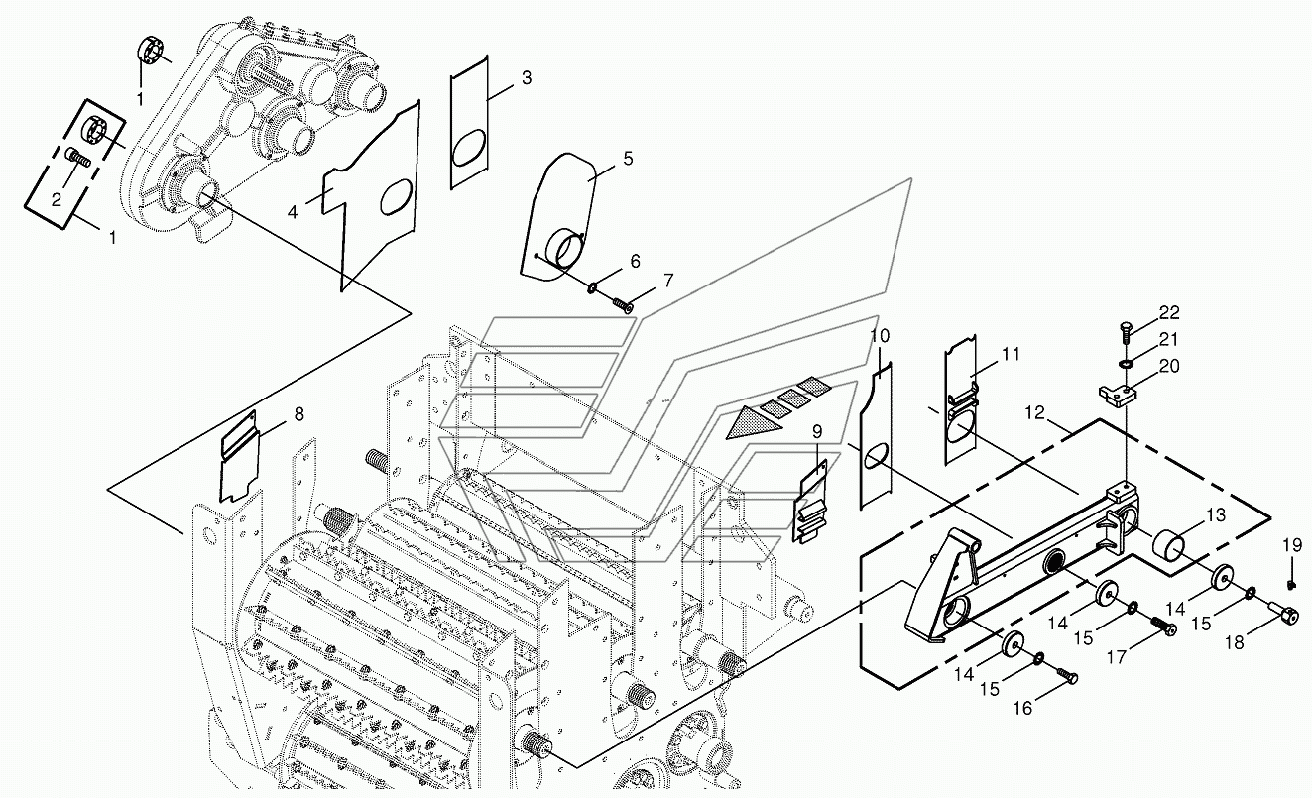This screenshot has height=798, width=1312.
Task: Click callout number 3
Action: (x=527, y=78)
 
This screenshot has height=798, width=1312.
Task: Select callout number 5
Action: (x=628, y=158)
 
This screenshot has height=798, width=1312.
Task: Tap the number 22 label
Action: (x=1169, y=312)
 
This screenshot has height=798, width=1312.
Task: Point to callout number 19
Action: (x=1291, y=545)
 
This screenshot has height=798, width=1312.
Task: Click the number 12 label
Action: (x=1035, y=412)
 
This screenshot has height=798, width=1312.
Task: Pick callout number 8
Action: (x=298, y=414)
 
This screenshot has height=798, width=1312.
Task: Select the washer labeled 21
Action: (x=1125, y=365)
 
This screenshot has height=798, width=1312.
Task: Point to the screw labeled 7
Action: (x=623, y=304)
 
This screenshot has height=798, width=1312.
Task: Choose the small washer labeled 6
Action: (x=592, y=287)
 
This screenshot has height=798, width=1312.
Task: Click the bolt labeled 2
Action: (x=78, y=157)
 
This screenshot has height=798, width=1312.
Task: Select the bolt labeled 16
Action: (x=1068, y=676)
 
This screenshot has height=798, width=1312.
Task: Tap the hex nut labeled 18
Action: (x=1283, y=616)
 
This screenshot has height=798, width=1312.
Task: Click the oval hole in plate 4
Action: (x=396, y=197)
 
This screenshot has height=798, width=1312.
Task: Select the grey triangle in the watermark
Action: (x=752, y=422)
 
